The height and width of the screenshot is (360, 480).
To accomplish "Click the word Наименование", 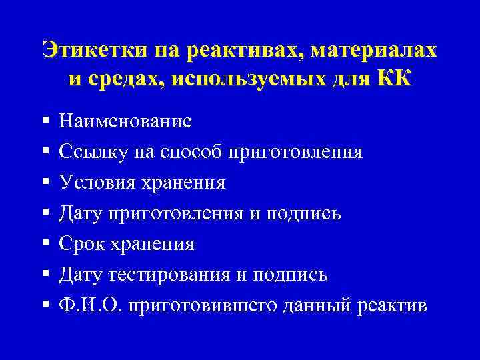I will (x=125, y=121).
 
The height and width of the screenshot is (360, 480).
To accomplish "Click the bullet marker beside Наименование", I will (x=45, y=121).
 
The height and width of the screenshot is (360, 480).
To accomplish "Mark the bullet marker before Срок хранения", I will (x=45, y=244).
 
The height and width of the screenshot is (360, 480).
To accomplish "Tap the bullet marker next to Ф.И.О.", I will (x=45, y=305).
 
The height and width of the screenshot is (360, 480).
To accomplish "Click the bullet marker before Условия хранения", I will (x=45, y=183).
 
